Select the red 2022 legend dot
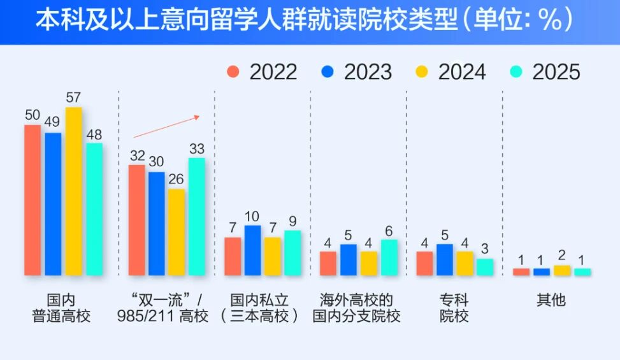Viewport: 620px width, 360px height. point(234,71)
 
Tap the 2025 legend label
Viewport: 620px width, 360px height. point(556,72)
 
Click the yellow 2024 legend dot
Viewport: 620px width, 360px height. point(422,71)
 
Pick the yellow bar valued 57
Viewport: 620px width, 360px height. point(74,191)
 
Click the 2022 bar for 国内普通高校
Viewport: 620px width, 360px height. point(32,200)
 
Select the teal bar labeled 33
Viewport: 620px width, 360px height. point(197,217)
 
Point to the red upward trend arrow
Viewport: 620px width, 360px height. point(167,126)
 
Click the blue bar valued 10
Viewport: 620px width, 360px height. point(252,250)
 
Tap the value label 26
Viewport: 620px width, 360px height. point(177,178)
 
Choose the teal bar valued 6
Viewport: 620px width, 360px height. point(389,257)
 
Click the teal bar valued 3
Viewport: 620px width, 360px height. point(485,267)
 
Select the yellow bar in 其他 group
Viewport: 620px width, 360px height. point(562,270)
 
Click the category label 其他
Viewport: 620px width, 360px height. point(551,300)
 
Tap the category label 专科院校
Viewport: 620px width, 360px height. point(454,308)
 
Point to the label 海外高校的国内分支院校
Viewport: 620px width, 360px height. point(356,308)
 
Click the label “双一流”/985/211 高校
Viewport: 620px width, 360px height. point(162,308)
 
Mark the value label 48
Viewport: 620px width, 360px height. point(94,135)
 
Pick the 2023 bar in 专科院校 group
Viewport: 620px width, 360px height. point(445,260)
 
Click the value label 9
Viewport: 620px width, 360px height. point(292,222)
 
